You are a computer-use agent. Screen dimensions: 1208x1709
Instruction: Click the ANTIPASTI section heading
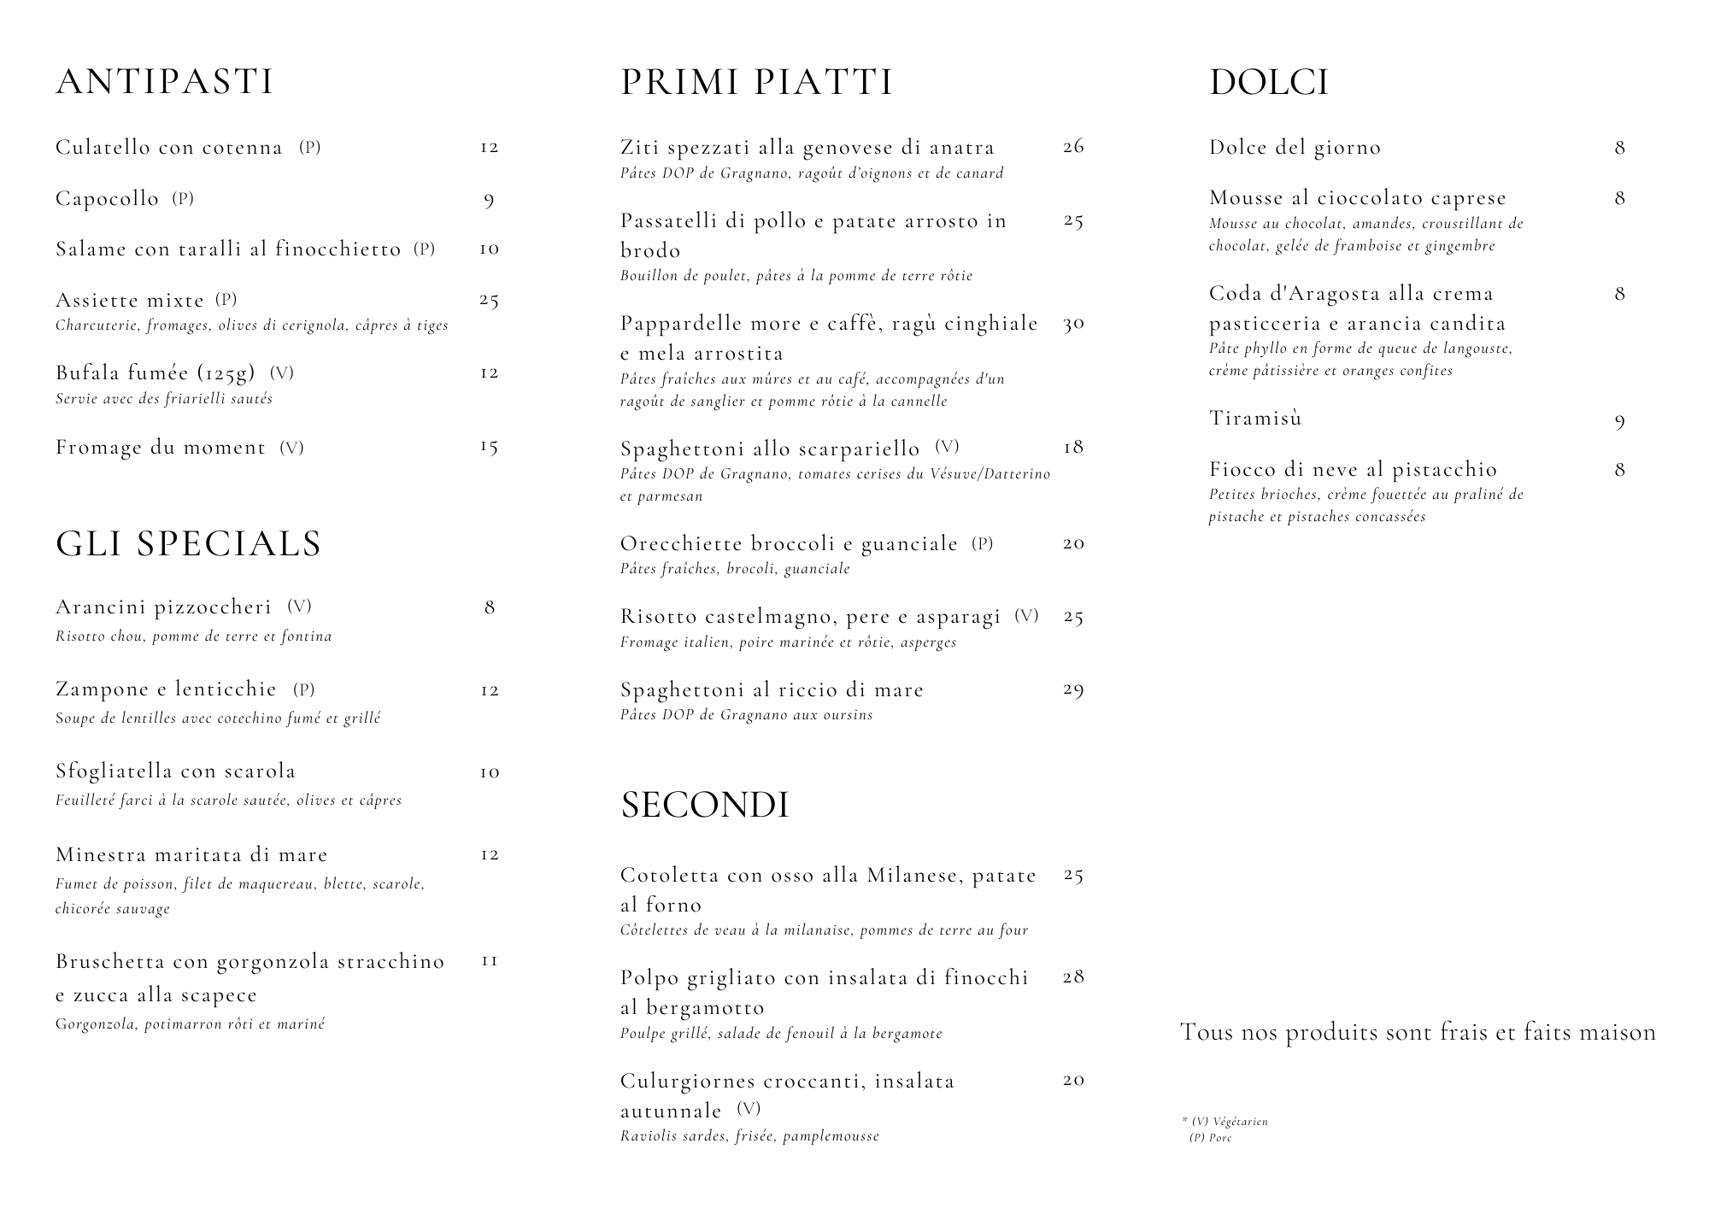165,82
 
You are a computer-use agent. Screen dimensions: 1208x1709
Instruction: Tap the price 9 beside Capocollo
489,201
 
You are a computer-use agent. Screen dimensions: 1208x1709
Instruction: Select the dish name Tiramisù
1255,418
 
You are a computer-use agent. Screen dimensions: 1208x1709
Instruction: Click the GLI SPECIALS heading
188,544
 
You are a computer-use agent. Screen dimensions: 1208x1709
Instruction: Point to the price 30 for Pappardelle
1073,324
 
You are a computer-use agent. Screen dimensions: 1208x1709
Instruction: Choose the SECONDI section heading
704,805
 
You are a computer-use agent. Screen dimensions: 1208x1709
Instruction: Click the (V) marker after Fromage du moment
291,448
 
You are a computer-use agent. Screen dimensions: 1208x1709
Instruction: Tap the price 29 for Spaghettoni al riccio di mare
1073,689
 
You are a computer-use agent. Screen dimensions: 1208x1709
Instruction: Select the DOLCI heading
1269,82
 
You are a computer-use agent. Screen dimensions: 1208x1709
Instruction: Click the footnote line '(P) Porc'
1211,1138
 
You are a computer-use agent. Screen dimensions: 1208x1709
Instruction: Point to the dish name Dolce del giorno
1295,148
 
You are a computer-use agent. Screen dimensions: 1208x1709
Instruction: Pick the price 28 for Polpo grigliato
1073,976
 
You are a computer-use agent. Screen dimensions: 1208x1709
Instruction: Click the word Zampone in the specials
95,689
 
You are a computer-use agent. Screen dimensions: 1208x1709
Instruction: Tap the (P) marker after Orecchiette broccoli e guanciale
983,543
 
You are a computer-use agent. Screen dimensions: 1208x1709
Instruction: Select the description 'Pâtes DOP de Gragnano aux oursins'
746,715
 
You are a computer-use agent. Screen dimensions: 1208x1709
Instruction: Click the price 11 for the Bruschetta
489,961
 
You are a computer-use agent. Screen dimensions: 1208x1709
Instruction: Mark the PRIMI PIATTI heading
756,82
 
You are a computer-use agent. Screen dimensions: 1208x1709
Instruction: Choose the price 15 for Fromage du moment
489,447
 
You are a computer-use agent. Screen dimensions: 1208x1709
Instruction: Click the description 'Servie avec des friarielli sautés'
164,399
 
